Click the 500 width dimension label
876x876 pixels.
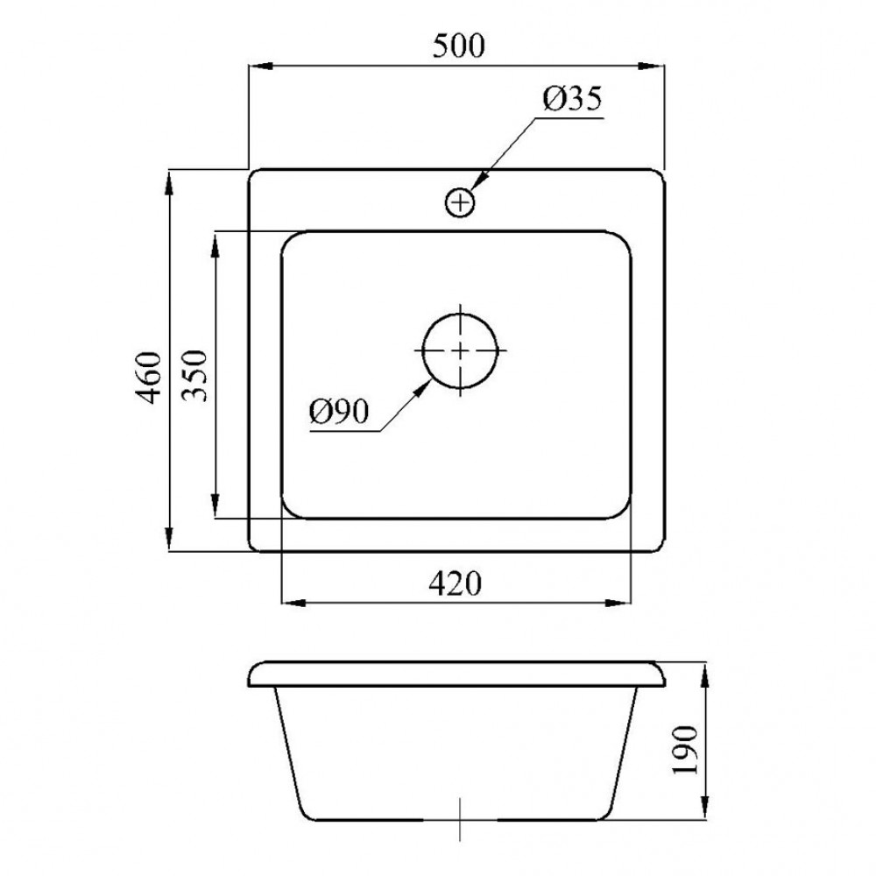coord(459,46)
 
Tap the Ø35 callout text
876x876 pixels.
coord(572,98)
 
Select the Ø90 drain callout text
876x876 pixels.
coord(339,412)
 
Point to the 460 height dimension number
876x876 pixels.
coord(149,377)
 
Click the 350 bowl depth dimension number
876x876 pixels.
coord(195,376)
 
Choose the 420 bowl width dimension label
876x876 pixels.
coord(455,583)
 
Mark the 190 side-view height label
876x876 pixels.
coord(686,750)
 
